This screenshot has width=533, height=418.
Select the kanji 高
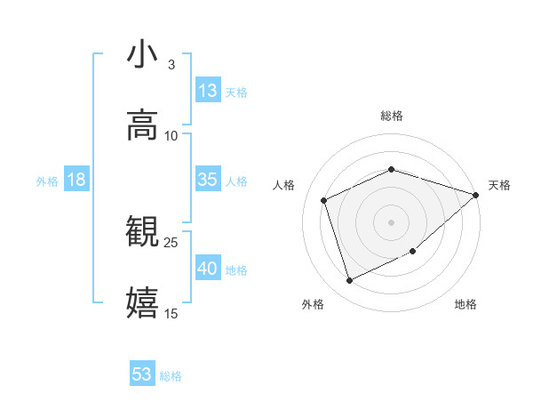(142, 125)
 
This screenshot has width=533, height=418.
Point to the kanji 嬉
(142, 303)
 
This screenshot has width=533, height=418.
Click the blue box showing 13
(208, 91)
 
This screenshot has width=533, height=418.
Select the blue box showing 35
(208, 180)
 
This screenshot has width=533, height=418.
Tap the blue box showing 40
(208, 269)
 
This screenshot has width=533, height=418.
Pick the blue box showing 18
(76, 180)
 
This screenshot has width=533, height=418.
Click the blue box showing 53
(142, 374)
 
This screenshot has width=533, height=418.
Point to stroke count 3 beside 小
(171, 65)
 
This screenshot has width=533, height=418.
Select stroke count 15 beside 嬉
(171, 314)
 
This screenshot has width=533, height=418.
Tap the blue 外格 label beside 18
(47, 181)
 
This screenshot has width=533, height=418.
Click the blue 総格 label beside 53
(171, 376)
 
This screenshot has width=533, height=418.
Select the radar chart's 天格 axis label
(499, 185)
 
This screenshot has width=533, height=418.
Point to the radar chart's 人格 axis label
(284, 185)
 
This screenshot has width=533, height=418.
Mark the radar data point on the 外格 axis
(349, 281)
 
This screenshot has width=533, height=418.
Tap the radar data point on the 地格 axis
(413, 253)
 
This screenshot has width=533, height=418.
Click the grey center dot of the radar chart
(391, 221)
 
